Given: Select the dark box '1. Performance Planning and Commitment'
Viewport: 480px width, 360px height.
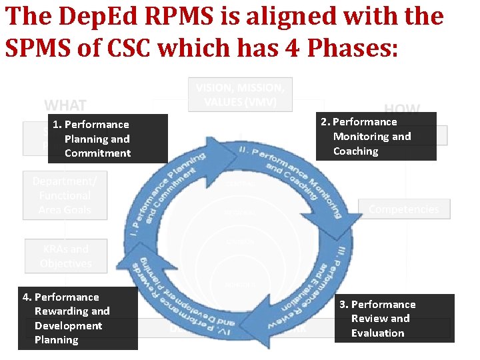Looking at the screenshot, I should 107,139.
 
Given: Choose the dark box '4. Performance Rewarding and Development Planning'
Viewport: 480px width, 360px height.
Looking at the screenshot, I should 77,318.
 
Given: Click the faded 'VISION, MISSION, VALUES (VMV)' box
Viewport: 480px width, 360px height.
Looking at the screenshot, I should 240,95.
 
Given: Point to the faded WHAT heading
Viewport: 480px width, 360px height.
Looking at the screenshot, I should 65,105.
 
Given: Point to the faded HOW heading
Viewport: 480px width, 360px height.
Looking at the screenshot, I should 402,109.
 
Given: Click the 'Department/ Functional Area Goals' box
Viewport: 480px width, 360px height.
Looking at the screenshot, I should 65,195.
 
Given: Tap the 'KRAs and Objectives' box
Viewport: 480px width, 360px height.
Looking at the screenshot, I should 65,256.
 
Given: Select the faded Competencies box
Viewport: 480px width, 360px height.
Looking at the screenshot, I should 404,209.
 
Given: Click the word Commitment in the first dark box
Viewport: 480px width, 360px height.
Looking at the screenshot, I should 97,153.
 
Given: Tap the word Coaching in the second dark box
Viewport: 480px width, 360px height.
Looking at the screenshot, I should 355,151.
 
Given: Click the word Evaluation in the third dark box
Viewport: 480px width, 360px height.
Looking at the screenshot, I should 377,333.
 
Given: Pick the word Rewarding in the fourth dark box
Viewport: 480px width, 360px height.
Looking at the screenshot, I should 72,311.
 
